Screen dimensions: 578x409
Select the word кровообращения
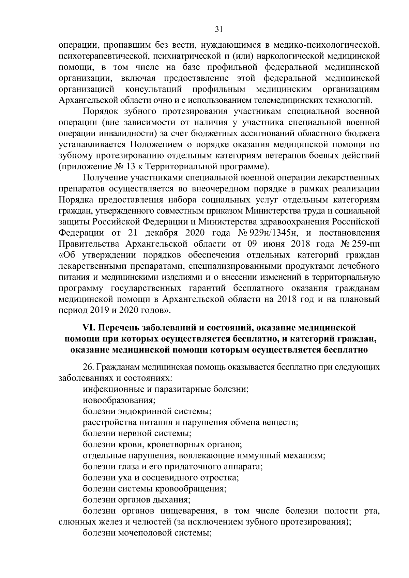tap(191, 489)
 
